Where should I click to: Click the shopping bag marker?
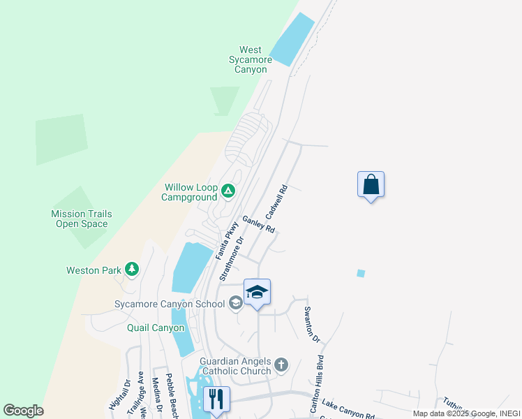click(371, 185)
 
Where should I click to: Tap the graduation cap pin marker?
click(257, 293)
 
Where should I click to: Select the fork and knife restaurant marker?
click(216, 399)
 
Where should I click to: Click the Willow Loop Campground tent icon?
click(228, 190)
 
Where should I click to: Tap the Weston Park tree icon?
click(130, 270)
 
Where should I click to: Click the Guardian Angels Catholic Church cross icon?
click(281, 365)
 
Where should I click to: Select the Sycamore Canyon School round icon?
click(236, 303)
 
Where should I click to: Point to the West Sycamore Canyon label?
click(250, 59)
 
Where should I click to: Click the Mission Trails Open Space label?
click(82, 219)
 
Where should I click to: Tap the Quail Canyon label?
click(156, 328)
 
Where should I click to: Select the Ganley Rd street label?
click(258, 224)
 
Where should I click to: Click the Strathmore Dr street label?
click(231, 258)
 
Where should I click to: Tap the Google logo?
click(23, 411)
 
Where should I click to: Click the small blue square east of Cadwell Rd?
click(361, 273)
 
